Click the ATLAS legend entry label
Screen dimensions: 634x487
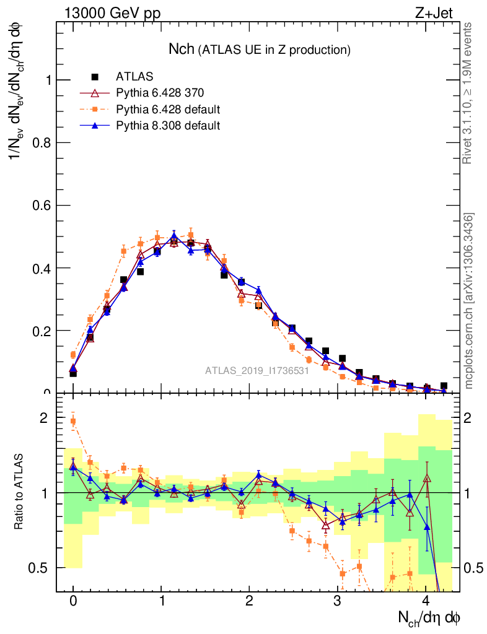(134, 77)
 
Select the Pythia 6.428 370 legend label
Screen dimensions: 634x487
(160, 93)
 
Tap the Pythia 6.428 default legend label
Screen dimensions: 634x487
(168, 110)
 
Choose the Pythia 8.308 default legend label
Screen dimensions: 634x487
(168, 126)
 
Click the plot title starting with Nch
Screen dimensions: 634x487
(260, 49)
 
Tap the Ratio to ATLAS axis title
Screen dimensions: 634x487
(21, 492)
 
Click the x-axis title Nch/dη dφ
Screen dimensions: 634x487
(429, 618)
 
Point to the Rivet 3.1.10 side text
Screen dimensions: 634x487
(468, 93)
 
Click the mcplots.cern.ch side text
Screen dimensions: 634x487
(469, 300)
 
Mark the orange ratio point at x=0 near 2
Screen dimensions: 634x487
(73, 422)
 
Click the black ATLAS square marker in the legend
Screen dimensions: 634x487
(95, 77)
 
